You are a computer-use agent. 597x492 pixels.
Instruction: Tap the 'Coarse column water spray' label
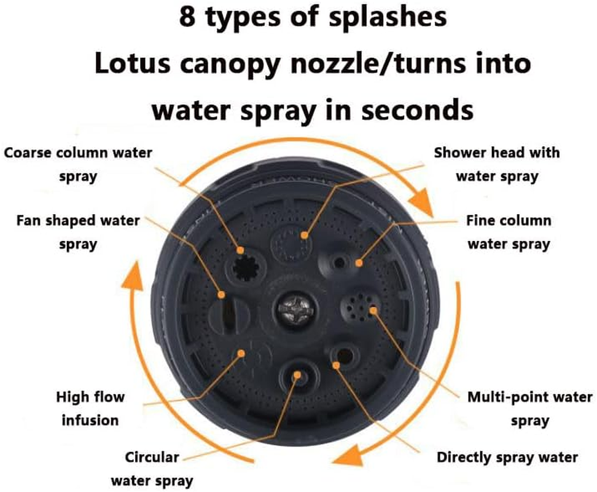pos(78,164)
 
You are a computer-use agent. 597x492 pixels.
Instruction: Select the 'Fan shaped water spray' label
pos(78,232)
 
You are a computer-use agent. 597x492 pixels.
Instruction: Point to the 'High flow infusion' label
pos(90,408)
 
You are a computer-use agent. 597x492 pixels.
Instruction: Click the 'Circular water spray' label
pos(152,469)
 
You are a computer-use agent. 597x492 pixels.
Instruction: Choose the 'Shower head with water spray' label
pos(497,164)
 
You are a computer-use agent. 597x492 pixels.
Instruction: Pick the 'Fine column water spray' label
pos(509,232)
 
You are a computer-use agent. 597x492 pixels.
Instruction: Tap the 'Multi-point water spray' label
pos(529,408)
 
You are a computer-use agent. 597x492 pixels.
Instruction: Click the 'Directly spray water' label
pos(507,457)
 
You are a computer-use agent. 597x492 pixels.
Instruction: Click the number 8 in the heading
pos(187,17)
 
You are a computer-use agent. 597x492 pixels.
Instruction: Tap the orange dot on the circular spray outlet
pos(297,375)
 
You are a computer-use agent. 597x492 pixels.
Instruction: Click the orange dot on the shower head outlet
pos(304,236)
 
